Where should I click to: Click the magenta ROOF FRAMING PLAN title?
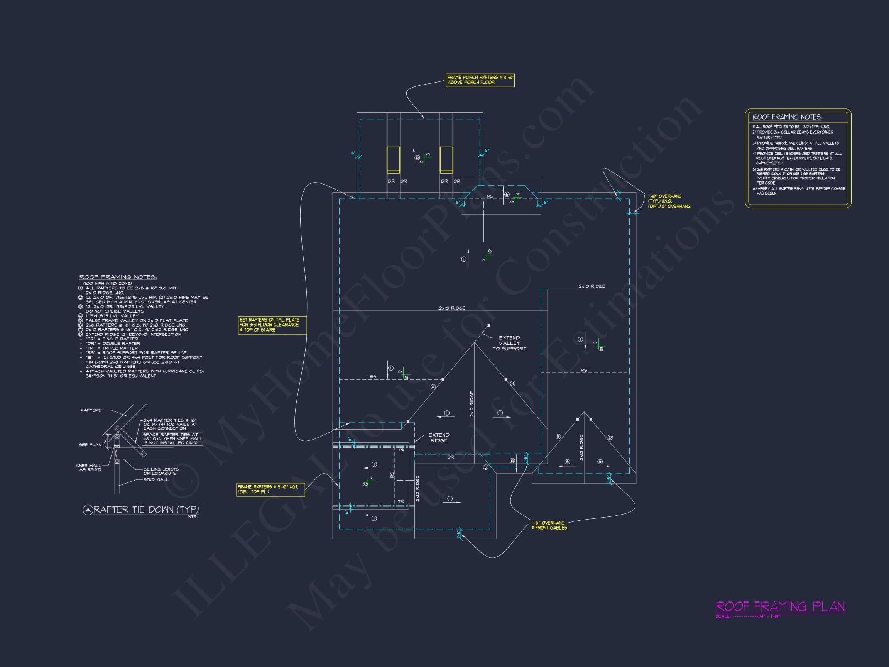pyautogui.click(x=780, y=607)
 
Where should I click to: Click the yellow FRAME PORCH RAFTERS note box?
pyautogui.click(x=480, y=80)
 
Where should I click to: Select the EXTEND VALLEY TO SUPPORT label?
pyautogui.click(x=509, y=344)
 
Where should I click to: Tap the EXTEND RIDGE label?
pyautogui.click(x=439, y=438)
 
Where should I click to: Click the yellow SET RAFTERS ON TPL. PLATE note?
pyautogui.click(x=272, y=325)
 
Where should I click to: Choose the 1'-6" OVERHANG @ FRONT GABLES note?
pyautogui.click(x=549, y=525)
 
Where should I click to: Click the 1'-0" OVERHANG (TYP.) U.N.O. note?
pyautogui.click(x=669, y=201)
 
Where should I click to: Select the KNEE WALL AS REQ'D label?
pyautogui.click(x=88, y=467)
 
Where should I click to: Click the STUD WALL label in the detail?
pyautogui.click(x=156, y=480)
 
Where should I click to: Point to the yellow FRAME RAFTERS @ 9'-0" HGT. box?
pyautogui.click(x=270, y=489)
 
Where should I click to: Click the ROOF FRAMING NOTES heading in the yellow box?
pyautogui.click(x=787, y=117)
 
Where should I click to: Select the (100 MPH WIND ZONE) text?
pyautogui.click(x=107, y=283)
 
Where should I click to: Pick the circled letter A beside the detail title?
pyautogui.click(x=88, y=510)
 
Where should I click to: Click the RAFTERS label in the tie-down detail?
pyautogui.click(x=91, y=410)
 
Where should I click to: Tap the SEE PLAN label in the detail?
pyautogui.click(x=90, y=445)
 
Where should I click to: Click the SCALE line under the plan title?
pyautogui.click(x=747, y=616)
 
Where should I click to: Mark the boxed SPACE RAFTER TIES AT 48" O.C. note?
pyautogui.click(x=172, y=438)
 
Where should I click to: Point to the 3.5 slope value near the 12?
pyautogui.click(x=365, y=484)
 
